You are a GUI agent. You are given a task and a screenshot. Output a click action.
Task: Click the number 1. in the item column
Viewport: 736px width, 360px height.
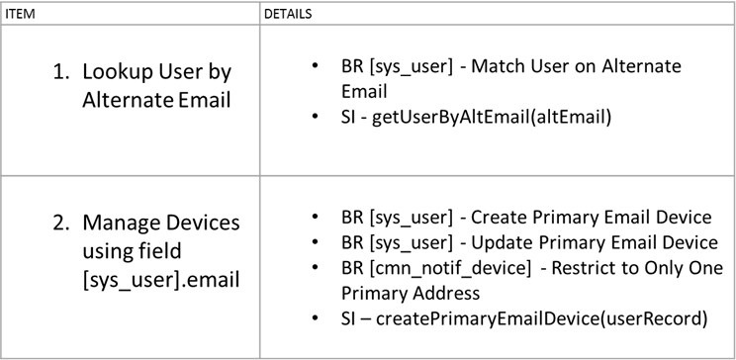click(61, 72)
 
